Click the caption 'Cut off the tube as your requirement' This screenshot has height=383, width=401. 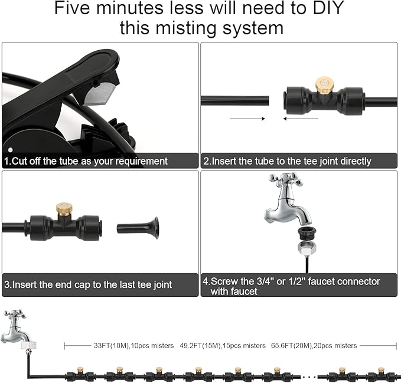pyautogui.click(x=86, y=161)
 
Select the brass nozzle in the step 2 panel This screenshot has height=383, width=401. pyautogui.click(x=322, y=83)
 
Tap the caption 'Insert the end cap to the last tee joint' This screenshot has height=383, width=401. pyautogui.click(x=89, y=284)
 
